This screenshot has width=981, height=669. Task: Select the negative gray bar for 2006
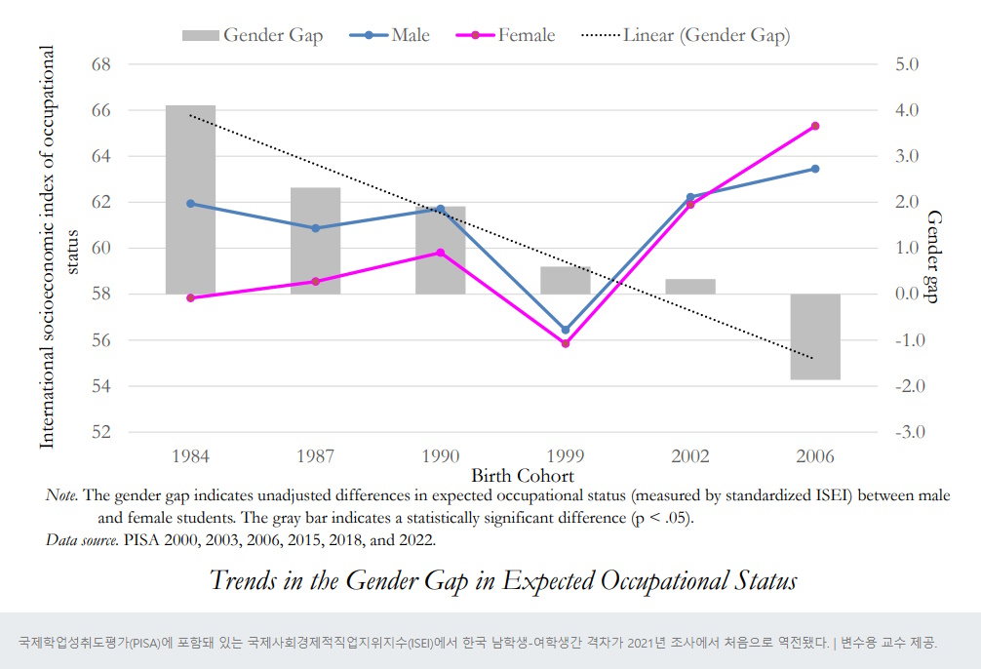pyautogui.click(x=815, y=336)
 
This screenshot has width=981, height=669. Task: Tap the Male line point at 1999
pyautogui.click(x=566, y=330)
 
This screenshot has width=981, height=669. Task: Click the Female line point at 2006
pyautogui.click(x=815, y=126)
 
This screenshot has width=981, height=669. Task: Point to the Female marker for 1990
pyautogui.click(x=441, y=253)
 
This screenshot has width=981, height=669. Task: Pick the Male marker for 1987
pyautogui.click(x=315, y=228)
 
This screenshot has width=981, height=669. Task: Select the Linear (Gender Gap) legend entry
pyautogui.click(x=687, y=35)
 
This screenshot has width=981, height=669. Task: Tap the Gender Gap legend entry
pyautogui.click(x=253, y=35)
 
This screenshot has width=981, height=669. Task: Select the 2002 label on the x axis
pyautogui.click(x=690, y=455)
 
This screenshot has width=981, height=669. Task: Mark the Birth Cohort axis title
pyautogui.click(x=523, y=476)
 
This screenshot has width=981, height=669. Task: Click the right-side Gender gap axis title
pyautogui.click(x=933, y=256)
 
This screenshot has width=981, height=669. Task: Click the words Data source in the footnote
pyautogui.click(x=82, y=538)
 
